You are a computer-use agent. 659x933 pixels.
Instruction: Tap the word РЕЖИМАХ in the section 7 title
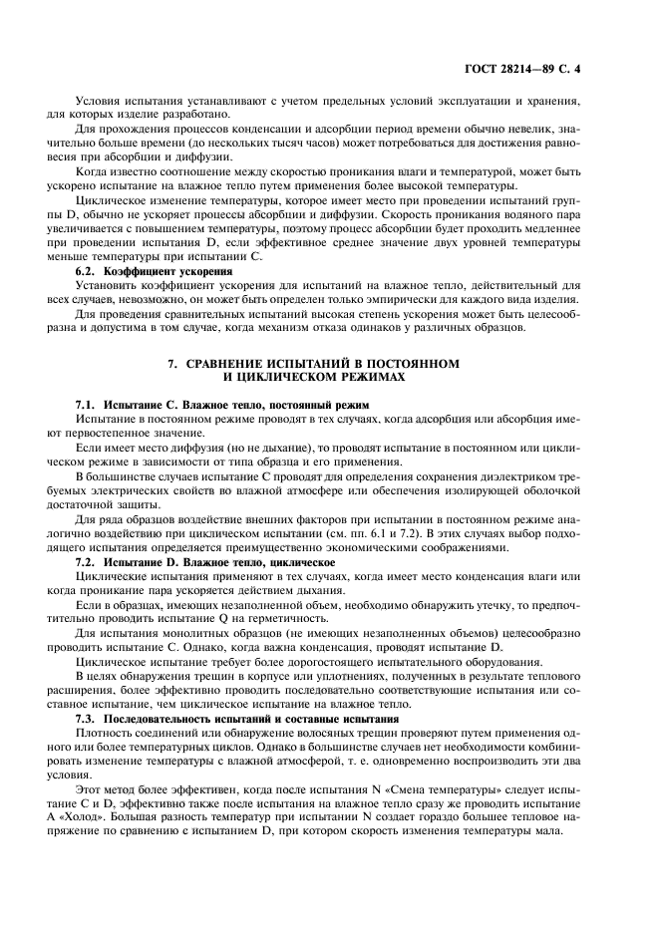click(x=368, y=378)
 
